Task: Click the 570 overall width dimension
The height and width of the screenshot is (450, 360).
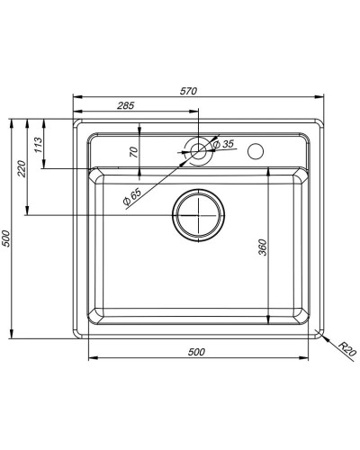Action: pyautogui.click(x=188, y=91)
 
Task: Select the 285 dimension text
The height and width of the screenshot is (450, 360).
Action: pyautogui.click(x=125, y=106)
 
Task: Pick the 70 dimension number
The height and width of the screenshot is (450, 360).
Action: pyautogui.click(x=134, y=153)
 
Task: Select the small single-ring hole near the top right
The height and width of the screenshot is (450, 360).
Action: pyautogui.click(x=256, y=149)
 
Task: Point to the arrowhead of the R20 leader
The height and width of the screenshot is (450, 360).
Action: pyautogui.click(x=323, y=334)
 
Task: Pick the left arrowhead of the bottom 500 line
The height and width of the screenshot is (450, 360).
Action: pyautogui.click(x=91, y=358)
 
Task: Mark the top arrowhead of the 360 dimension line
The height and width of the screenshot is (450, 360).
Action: pyautogui.click(x=269, y=171)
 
